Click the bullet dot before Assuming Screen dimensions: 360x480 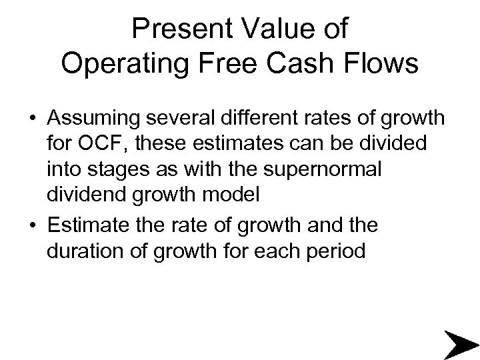click(x=32, y=120)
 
